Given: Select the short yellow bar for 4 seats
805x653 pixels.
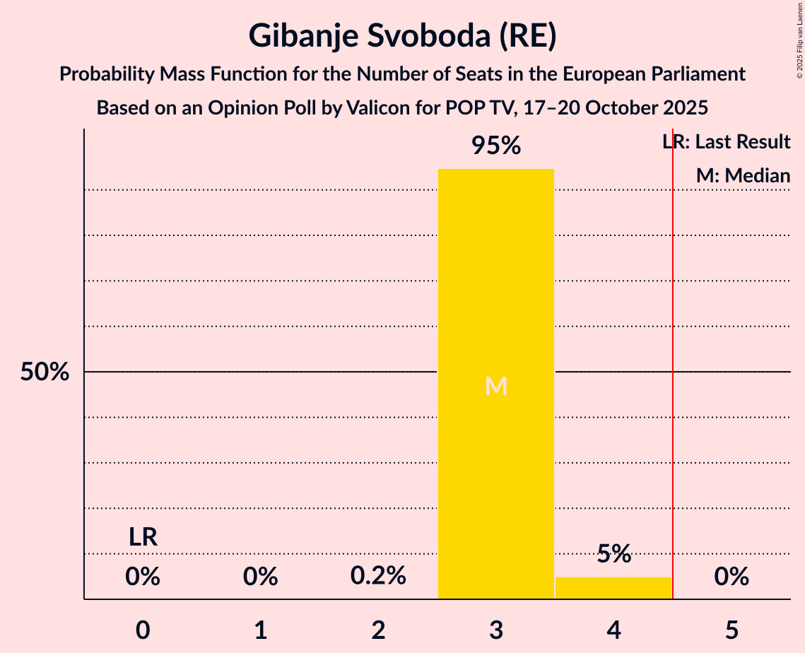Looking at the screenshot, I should tap(613, 588).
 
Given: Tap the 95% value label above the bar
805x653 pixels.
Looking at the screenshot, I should tap(495, 146).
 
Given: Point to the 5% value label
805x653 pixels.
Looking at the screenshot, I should tap(613, 553).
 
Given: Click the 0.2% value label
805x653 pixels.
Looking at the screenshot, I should tap(378, 576).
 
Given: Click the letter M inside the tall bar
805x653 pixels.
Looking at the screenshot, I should tap(496, 386).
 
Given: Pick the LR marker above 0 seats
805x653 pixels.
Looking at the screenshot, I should tap(143, 537).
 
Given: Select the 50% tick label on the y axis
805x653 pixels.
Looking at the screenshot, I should tap(45, 372).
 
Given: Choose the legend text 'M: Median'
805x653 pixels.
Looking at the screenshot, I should tap(743, 176).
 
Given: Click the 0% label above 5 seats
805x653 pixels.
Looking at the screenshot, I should tap(731, 577).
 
